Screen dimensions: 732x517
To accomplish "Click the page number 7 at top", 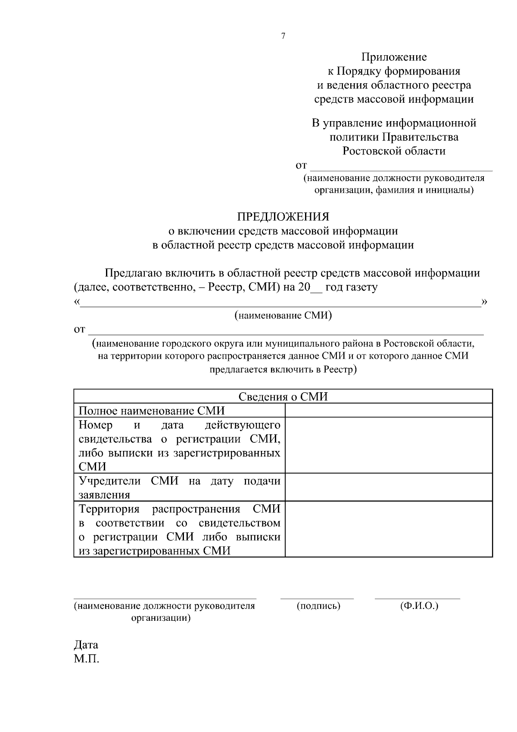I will click(x=283, y=37).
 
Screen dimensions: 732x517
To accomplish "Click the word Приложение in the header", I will click(x=394, y=57).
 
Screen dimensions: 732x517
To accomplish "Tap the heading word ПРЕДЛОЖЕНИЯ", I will click(x=283, y=216).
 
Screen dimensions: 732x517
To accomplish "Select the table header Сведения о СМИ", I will click(x=283, y=397).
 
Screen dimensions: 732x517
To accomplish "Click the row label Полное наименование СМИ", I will click(x=152, y=411).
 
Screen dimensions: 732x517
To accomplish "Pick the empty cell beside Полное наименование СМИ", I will click(x=389, y=410).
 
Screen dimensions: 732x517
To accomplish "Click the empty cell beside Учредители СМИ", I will click(x=389, y=487).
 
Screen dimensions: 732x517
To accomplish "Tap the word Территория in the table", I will click(x=109, y=509).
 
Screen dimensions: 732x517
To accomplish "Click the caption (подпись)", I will click(x=318, y=606).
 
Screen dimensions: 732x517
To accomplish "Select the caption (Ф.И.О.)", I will click(x=419, y=606).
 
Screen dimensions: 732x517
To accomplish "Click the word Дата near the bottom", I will click(x=86, y=645).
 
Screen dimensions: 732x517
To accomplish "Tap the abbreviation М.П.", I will click(x=87, y=659).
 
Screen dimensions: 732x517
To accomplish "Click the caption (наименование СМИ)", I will click(x=283, y=316).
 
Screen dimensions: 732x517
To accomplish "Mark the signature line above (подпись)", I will click(x=317, y=598).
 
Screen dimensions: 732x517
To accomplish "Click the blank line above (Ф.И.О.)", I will click(x=417, y=598).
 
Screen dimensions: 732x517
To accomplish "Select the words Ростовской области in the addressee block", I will click(x=394, y=151).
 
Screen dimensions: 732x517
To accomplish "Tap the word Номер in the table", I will click(x=95, y=425).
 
